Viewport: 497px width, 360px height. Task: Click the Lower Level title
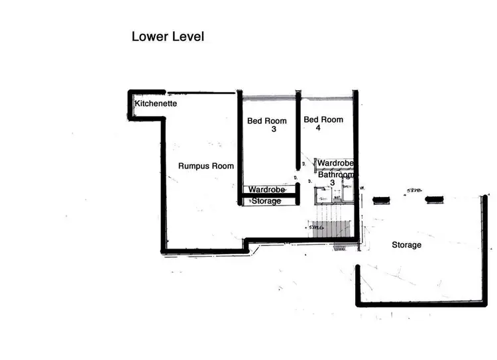pos(167,37)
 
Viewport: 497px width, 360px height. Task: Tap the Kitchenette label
pos(156,104)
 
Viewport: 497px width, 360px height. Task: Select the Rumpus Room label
pos(206,166)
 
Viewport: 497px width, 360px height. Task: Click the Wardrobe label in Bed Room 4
pos(335,162)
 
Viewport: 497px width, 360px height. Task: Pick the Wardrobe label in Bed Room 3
pos(267,190)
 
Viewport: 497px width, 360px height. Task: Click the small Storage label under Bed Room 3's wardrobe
pos(266,201)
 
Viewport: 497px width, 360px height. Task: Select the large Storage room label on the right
pos(406,245)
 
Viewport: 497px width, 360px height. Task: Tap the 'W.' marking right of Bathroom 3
pos(362,188)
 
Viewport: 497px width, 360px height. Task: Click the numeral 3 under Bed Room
pos(273,130)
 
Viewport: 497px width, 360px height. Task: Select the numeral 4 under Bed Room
pos(319,129)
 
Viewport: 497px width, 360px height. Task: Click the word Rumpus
pos(193,166)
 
